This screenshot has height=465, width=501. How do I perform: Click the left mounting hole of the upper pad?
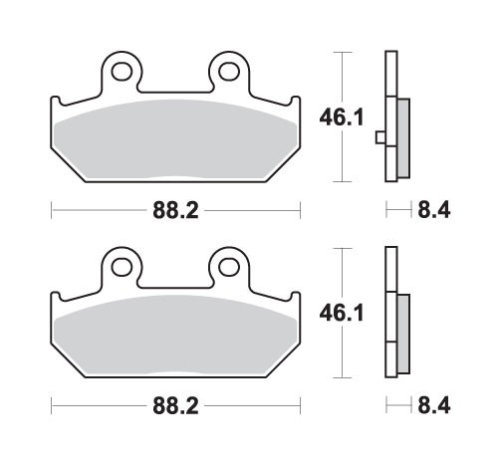(x=124, y=72)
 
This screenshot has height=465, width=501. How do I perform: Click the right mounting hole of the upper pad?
(x=228, y=72)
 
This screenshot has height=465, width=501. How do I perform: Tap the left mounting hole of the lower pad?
(x=124, y=267)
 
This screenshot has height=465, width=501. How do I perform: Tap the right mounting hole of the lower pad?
(x=228, y=267)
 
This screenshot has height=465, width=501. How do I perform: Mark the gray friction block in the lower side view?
(x=402, y=334)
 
